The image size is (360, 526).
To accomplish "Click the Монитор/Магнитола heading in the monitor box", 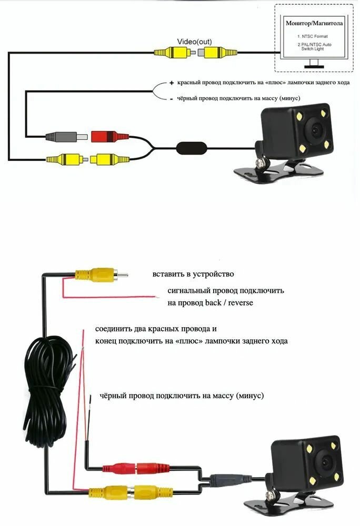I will tap(314, 24).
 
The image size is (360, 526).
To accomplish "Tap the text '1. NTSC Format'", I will tap(312, 36).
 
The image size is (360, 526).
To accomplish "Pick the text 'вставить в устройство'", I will tap(193, 274).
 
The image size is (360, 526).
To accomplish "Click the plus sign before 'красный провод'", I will tap(171, 84).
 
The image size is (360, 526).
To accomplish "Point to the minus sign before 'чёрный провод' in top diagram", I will tap(171, 99).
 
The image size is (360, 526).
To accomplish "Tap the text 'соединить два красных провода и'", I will tap(156, 329).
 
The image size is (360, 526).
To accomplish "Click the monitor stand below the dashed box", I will tap(315, 65).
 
